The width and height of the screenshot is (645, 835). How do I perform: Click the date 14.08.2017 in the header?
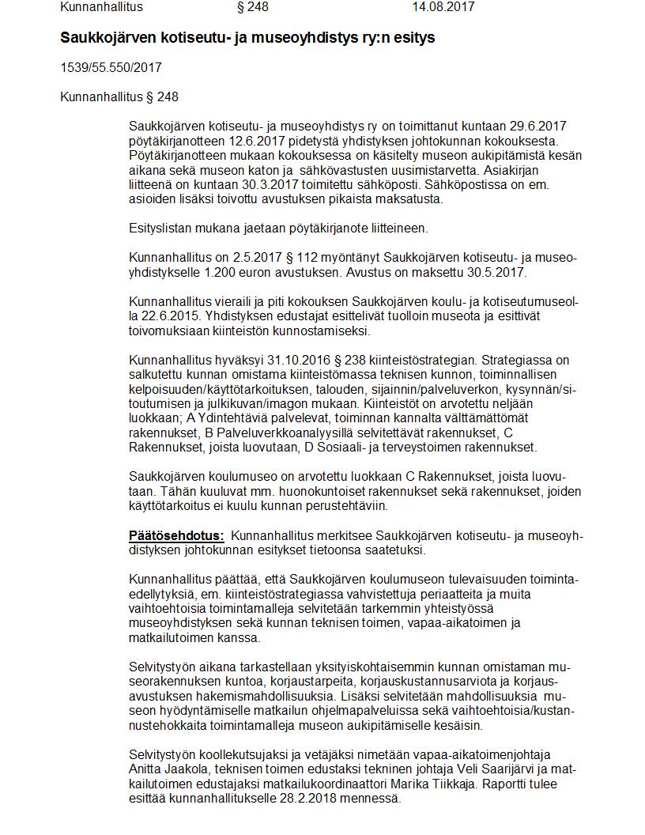pyautogui.click(x=443, y=7)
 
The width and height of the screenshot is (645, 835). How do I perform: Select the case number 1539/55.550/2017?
pyautogui.click(x=111, y=68)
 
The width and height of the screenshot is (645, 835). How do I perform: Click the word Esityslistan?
pyautogui.click(x=160, y=229)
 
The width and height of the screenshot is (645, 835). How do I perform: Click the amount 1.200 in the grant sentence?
pyautogui.click(x=219, y=272)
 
